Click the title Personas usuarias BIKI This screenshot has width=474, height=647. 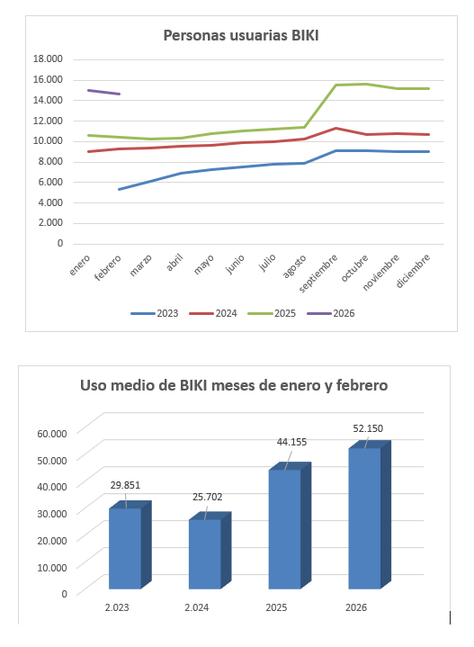(241, 36)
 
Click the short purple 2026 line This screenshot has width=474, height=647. (103, 92)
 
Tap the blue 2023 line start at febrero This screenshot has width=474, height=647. (121, 189)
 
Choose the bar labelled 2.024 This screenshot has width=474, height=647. (203, 554)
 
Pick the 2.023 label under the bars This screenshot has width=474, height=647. (117, 608)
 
